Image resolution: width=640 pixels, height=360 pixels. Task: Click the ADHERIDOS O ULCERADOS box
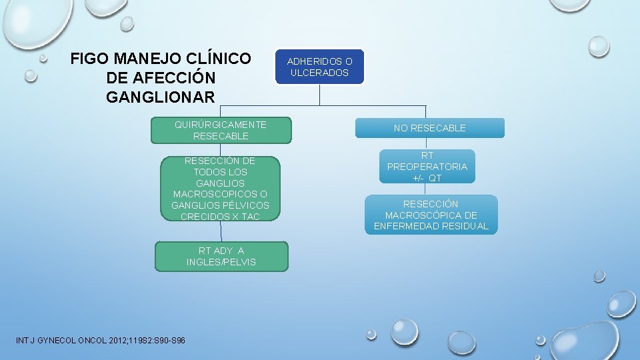(320, 67)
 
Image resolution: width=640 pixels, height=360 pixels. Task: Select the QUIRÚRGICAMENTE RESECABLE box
(221, 131)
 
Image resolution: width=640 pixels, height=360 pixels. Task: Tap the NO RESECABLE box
(429, 128)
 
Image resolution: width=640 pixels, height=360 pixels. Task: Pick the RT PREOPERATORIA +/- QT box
(427, 167)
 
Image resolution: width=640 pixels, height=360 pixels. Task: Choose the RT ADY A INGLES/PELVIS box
(221, 257)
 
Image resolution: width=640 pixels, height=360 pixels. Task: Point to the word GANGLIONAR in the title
(160, 97)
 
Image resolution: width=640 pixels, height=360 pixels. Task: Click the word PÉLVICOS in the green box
(245, 205)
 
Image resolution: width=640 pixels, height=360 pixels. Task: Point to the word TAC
(251, 217)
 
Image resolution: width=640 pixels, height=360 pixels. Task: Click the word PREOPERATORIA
(427, 167)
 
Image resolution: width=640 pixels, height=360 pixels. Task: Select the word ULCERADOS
(320, 73)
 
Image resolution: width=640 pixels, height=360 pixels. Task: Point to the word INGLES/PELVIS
(221, 262)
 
